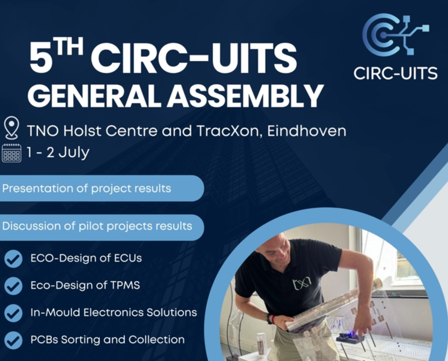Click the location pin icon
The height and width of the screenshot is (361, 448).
click(x=11, y=127)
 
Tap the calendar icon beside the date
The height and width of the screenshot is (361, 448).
click(x=11, y=153)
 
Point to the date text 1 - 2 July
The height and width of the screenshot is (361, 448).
click(x=58, y=152)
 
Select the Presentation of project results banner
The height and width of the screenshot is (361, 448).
click(x=102, y=189)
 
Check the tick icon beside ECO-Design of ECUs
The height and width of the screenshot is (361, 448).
click(x=13, y=259)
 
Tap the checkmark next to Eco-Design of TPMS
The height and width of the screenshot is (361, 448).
click(x=13, y=286)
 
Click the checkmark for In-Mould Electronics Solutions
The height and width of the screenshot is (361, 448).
click(x=13, y=313)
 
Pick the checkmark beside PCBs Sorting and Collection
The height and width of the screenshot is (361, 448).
click(x=13, y=340)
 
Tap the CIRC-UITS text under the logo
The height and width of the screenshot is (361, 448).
click(x=396, y=73)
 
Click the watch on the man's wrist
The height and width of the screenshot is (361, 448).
click(x=269, y=319)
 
